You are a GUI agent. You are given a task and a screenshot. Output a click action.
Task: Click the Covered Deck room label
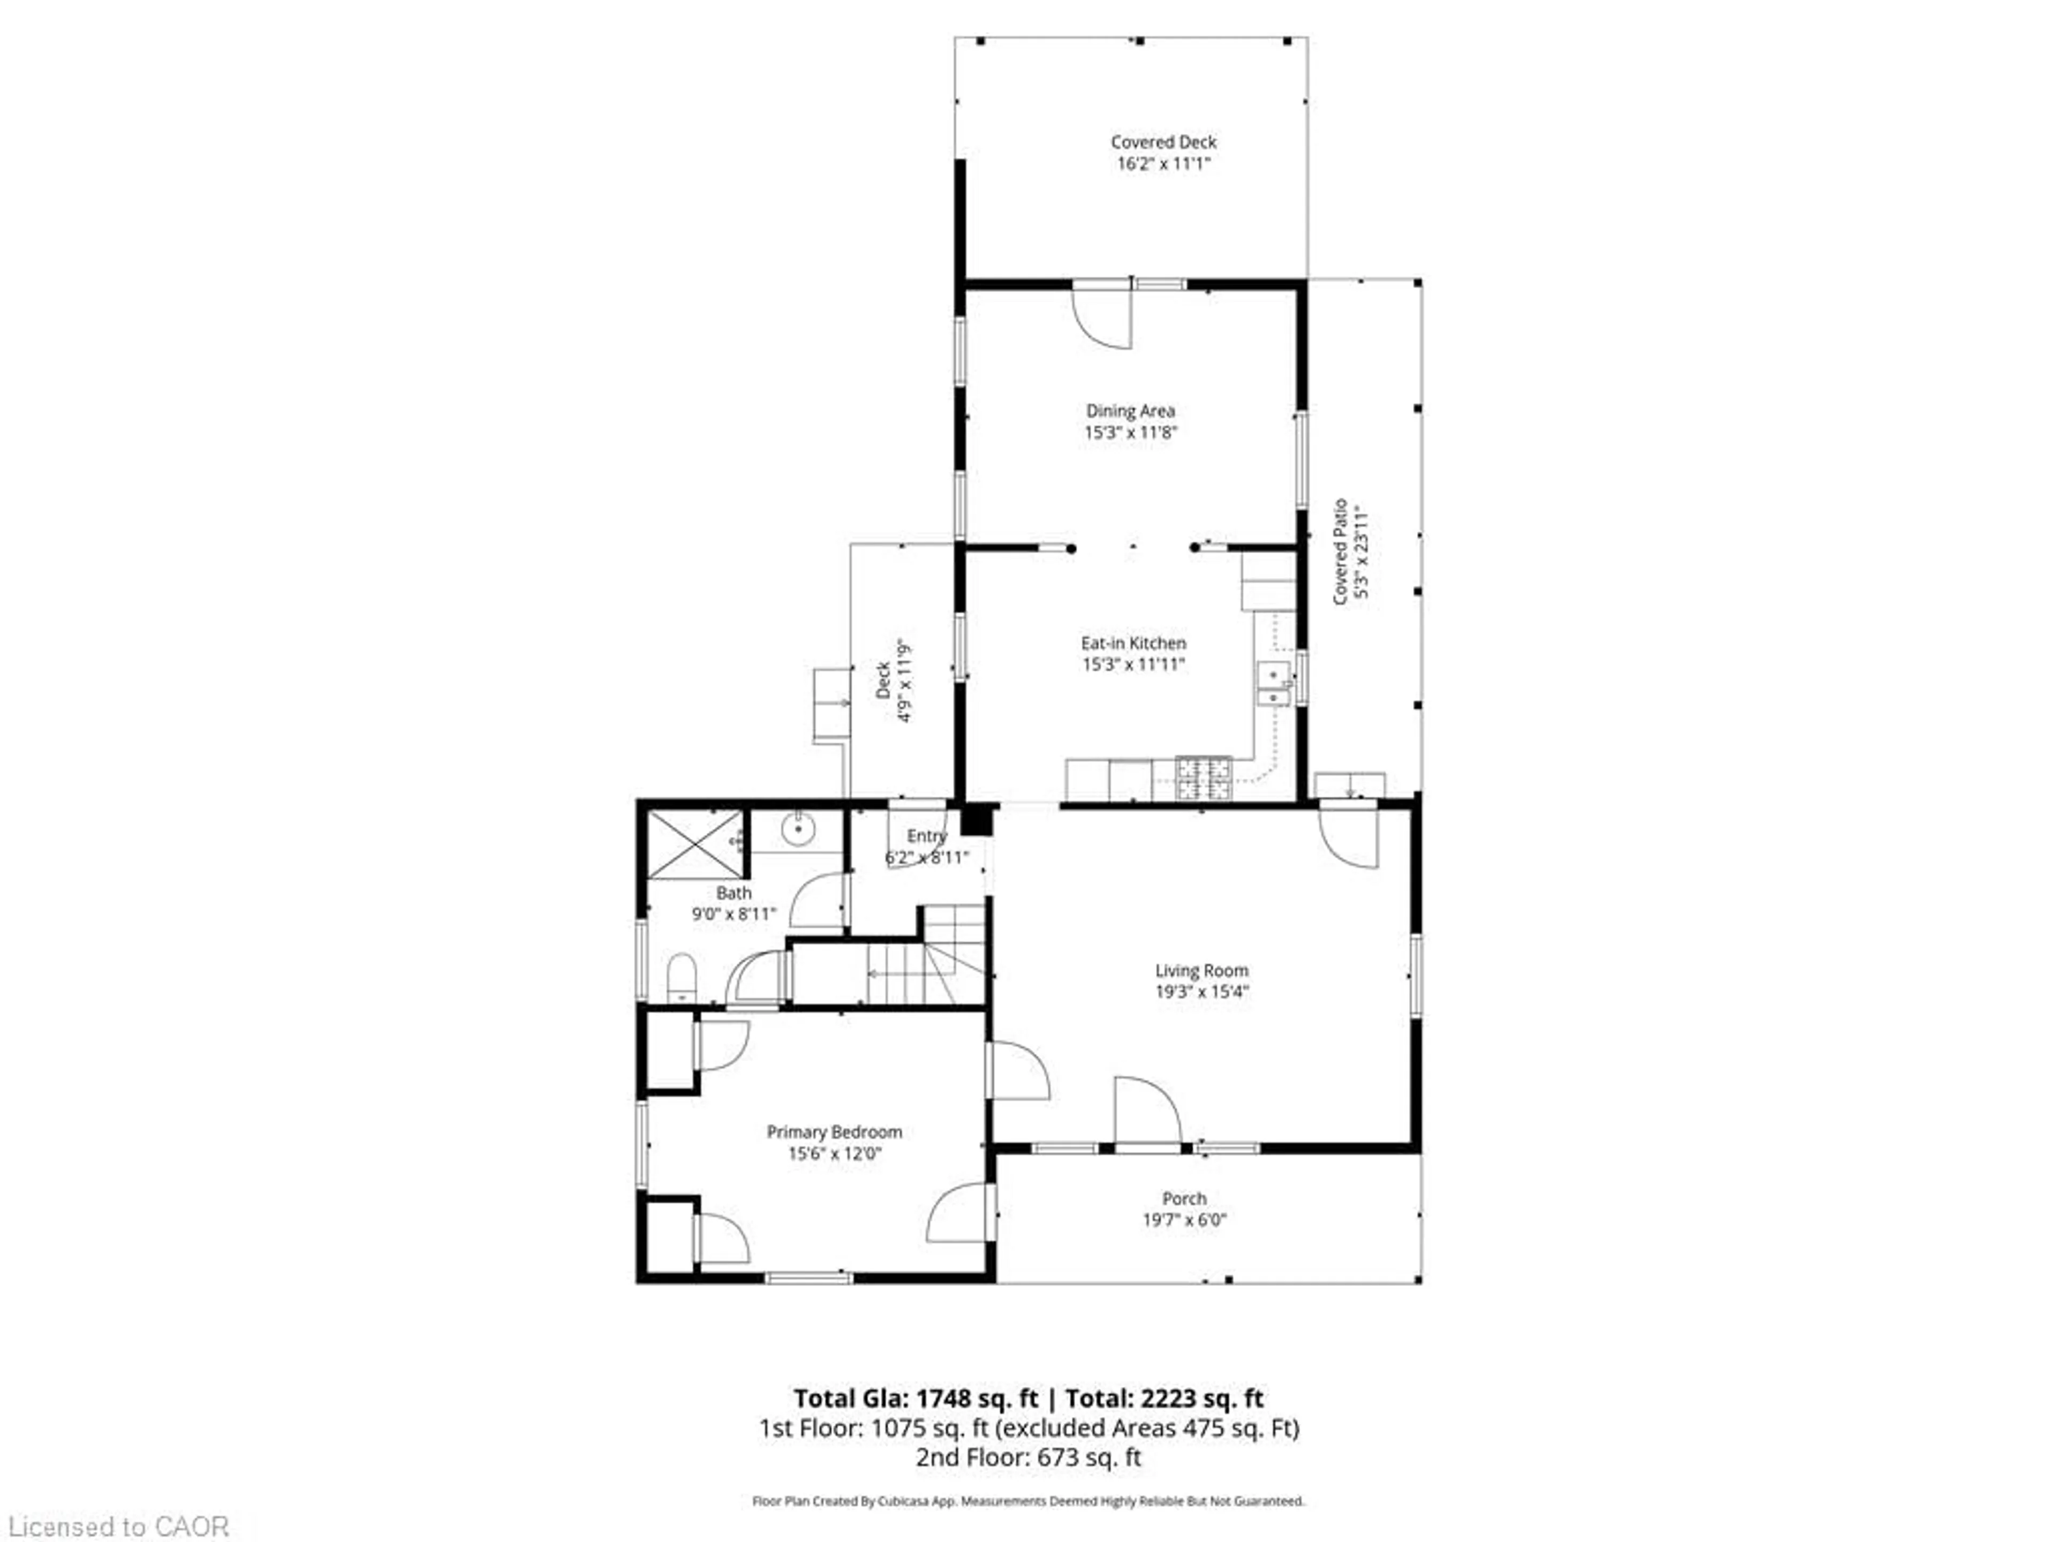(1163, 142)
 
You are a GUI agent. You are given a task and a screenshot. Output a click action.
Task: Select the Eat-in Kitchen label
(1133, 642)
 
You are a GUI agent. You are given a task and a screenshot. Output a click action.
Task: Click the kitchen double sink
(1273, 684)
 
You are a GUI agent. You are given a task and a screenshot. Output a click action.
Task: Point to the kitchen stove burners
(1204, 778)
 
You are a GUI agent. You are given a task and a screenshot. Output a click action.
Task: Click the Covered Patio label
(1340, 552)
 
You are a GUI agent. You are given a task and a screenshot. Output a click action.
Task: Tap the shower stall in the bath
(696, 844)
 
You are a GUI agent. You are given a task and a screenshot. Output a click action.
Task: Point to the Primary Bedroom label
(834, 1131)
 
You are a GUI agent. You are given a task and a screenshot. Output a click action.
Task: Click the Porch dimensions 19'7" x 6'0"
(1184, 1220)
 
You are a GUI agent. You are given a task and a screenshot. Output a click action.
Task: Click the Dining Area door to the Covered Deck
(1103, 316)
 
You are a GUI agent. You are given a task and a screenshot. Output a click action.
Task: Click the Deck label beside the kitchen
(883, 679)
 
